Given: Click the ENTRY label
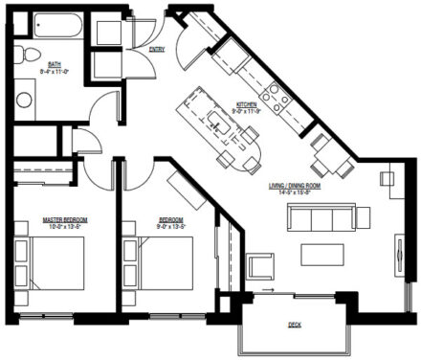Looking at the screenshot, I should click(x=158, y=49).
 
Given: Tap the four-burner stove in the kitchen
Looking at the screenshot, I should click(x=277, y=95).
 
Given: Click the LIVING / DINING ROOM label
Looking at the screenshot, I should click(x=294, y=187).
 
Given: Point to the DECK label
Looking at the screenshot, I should click(x=295, y=326).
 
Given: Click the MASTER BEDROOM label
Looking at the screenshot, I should click(x=58, y=221).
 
